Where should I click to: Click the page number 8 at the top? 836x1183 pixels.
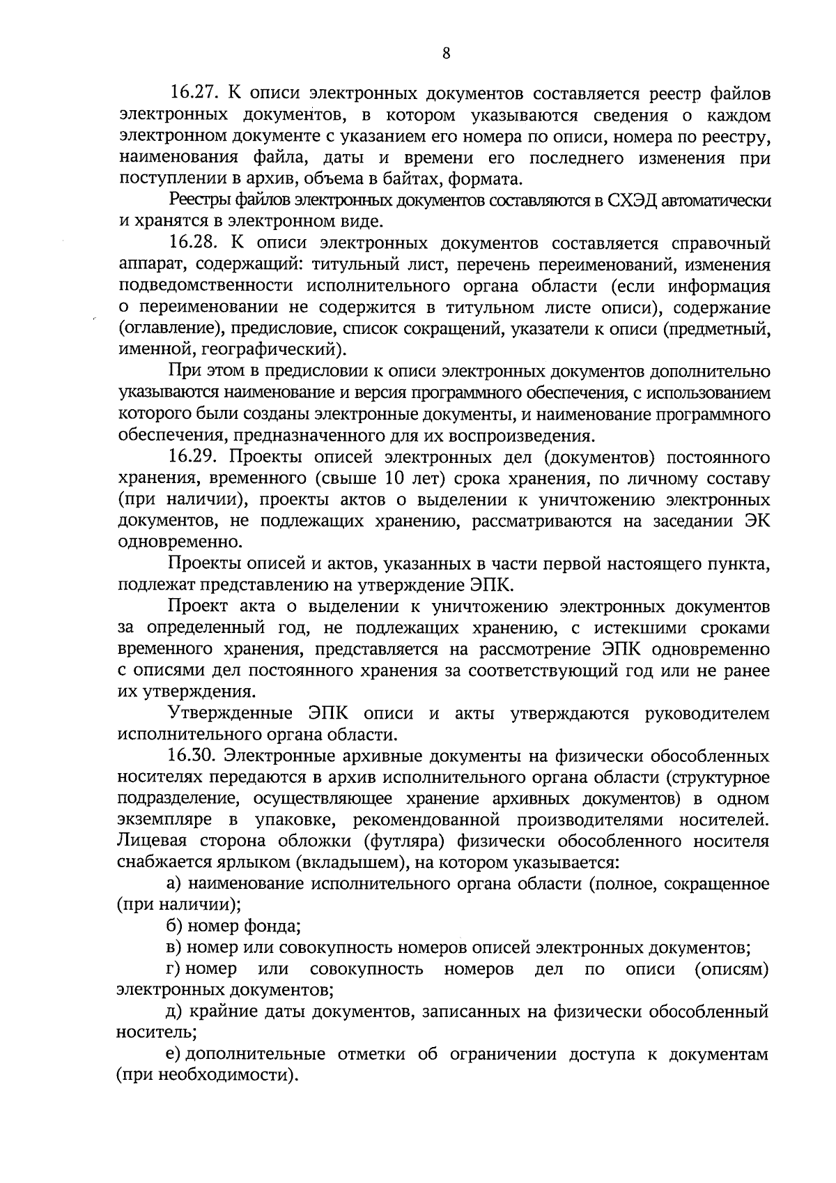[x=446, y=54]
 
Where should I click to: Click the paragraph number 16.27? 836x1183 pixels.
[x=193, y=93]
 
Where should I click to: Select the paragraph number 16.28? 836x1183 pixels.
[x=193, y=243]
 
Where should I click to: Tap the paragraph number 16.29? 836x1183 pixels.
[x=193, y=457]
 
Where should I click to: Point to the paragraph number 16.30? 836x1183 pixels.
[x=193, y=756]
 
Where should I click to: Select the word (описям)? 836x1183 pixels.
[x=731, y=970]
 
